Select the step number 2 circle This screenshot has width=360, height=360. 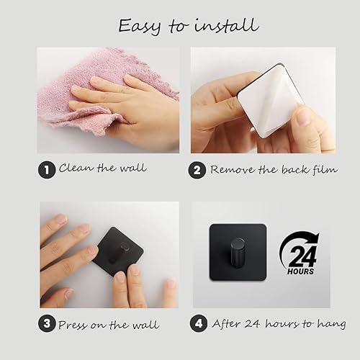197,170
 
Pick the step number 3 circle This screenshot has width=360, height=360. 47,323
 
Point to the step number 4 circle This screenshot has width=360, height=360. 200,323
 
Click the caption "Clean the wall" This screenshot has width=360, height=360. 102,168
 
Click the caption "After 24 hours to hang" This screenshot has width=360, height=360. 279,324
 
